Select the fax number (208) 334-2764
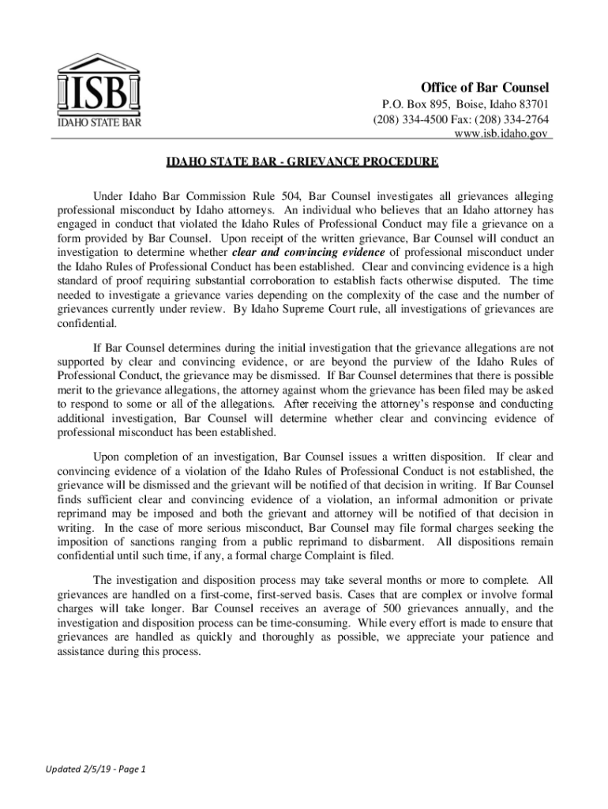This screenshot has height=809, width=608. [516, 119]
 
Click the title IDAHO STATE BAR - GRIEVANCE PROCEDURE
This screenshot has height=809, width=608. [302, 164]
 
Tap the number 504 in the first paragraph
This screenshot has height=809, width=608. [288, 195]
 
